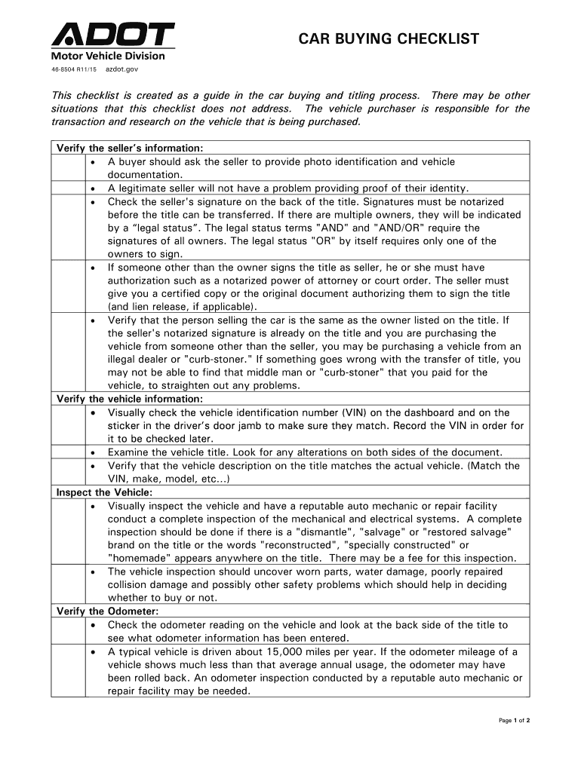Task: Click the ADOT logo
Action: [x=112, y=35]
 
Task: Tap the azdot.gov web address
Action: [x=121, y=69]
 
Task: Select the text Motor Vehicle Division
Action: [x=108, y=55]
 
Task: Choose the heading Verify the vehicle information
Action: [x=130, y=399]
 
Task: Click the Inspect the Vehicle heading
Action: [x=105, y=492]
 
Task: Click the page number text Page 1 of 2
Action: [x=515, y=720]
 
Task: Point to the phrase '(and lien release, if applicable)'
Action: [x=182, y=307]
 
